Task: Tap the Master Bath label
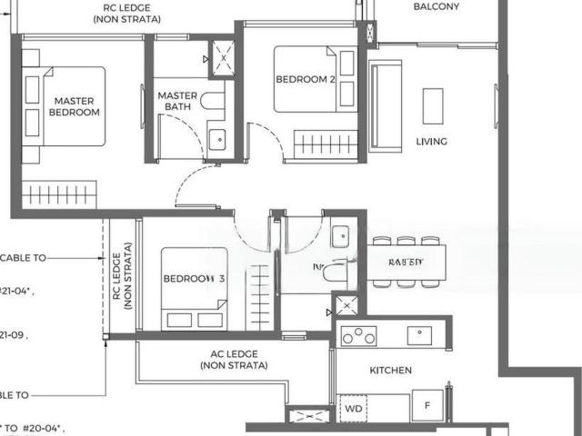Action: (177, 101)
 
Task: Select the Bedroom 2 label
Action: (306, 80)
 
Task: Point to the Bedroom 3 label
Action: (192, 279)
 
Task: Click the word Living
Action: (431, 142)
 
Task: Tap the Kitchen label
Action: (390, 371)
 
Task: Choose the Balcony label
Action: (436, 7)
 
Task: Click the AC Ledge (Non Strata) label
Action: (235, 360)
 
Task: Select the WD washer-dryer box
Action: (353, 409)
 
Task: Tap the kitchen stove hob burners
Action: (358, 335)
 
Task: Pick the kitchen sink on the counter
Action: (420, 334)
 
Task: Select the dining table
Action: (406, 263)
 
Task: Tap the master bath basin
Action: (217, 140)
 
